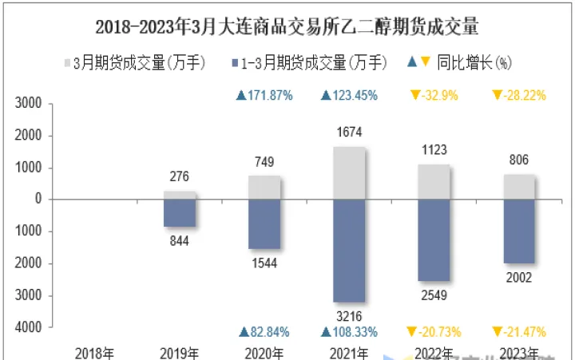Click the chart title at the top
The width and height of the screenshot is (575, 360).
[287, 27]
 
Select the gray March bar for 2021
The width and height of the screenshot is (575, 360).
[349, 172]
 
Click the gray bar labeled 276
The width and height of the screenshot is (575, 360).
[180, 195]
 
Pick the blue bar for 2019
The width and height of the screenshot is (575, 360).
[180, 213]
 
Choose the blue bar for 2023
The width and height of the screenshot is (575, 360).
[518, 231]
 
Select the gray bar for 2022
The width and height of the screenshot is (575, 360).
[434, 181]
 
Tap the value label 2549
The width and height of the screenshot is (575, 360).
[434, 295]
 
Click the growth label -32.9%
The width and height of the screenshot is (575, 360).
[434, 96]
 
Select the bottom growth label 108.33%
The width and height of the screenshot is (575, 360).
[348, 331]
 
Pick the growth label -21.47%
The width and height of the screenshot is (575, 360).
[518, 331]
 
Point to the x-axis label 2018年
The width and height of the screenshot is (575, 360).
[94, 352]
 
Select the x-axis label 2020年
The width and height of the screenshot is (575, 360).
[264, 352]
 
